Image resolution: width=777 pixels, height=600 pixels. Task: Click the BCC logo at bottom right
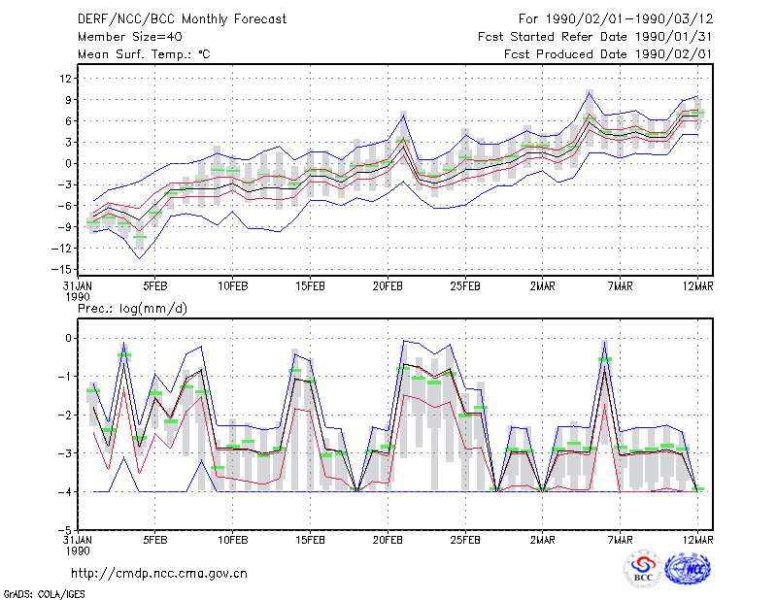pyautogui.click(x=643, y=569)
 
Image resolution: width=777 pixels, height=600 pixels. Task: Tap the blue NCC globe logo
pyautogui.click(x=688, y=569)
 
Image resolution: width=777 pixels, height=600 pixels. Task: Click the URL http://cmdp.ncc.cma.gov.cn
pyautogui.click(x=159, y=574)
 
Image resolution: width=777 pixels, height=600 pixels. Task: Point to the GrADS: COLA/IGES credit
pyautogui.click(x=44, y=594)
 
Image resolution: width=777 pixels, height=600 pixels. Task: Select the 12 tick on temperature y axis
pyautogui.click(x=66, y=79)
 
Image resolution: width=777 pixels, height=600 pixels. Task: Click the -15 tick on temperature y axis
pyautogui.click(x=62, y=270)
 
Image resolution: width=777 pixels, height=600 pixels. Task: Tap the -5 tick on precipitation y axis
pyautogui.click(x=66, y=530)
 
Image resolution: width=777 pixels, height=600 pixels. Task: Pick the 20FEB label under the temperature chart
pyautogui.click(x=388, y=286)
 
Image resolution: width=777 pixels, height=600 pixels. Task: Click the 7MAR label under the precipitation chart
pyautogui.click(x=621, y=540)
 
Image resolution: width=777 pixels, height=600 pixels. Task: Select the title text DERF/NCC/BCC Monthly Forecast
pyautogui.click(x=182, y=19)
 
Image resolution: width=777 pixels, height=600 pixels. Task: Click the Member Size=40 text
pyautogui.click(x=130, y=37)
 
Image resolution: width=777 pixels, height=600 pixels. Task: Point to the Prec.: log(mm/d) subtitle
pyautogui.click(x=132, y=309)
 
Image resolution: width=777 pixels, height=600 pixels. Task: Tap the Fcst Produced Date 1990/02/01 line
pyautogui.click(x=608, y=54)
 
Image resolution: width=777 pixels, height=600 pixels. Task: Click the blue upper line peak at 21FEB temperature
pyautogui.click(x=403, y=115)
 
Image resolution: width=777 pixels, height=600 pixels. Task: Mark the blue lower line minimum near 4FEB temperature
pyautogui.click(x=139, y=258)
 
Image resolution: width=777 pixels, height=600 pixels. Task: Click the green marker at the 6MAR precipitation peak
pyautogui.click(x=604, y=359)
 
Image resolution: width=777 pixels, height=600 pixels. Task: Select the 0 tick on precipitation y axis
pyautogui.click(x=69, y=339)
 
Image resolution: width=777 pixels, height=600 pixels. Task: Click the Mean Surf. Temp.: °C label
pyautogui.click(x=144, y=54)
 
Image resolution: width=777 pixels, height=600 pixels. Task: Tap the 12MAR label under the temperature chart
pyautogui.click(x=697, y=286)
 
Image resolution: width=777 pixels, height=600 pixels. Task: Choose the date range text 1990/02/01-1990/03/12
pyautogui.click(x=629, y=19)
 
